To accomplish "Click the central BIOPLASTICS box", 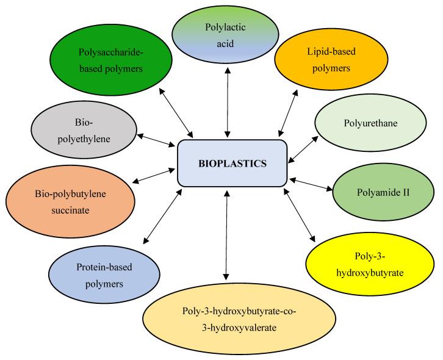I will (232, 164).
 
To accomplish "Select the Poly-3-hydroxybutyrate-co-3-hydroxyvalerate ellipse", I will (239, 320).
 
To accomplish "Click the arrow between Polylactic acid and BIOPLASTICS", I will (227, 102).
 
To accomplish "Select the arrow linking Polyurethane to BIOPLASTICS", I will (302, 148).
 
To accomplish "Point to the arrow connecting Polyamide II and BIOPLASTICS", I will (312, 184).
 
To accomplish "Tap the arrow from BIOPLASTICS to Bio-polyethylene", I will (157, 140).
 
